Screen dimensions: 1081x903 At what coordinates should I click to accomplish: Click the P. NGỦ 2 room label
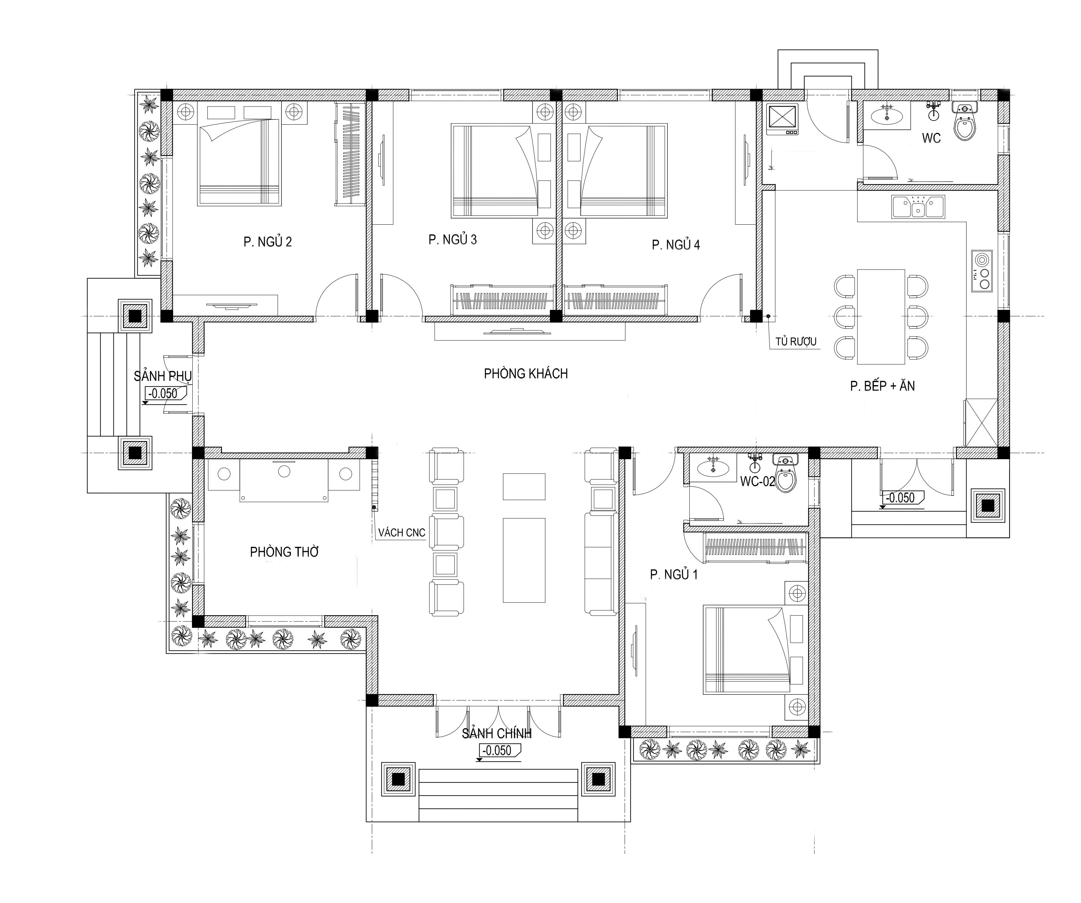click(x=268, y=242)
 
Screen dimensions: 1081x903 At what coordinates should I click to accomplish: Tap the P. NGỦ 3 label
click(x=453, y=239)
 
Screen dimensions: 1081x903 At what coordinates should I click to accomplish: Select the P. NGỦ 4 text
click(x=676, y=245)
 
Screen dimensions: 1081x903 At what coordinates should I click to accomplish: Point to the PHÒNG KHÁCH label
click(x=526, y=373)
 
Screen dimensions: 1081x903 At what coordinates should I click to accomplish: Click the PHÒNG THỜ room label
click(x=284, y=552)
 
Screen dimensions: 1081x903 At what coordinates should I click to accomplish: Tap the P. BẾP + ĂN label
click(x=882, y=386)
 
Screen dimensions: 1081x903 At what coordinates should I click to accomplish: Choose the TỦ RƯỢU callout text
click(x=796, y=342)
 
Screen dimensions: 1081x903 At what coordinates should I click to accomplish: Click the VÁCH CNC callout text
click(x=402, y=533)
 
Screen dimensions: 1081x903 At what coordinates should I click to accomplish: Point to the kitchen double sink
click(x=918, y=207)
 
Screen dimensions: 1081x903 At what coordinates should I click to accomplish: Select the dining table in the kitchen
click(x=881, y=317)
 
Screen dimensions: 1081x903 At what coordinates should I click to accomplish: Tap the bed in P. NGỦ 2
click(x=239, y=163)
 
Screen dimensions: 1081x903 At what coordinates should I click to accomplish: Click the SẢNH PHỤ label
click(x=163, y=376)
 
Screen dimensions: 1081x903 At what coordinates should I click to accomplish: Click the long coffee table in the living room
click(x=524, y=560)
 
